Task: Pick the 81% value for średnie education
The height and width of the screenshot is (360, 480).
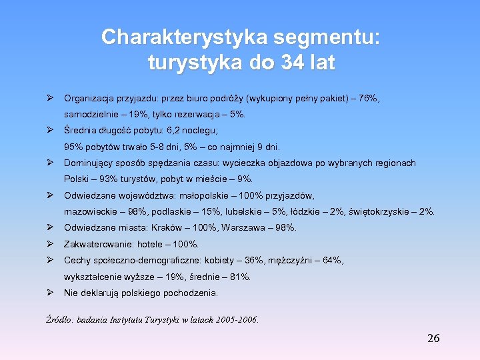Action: pyautogui.click(x=240, y=277)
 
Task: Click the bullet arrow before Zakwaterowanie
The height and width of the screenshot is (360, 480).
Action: pyautogui.click(x=50, y=244)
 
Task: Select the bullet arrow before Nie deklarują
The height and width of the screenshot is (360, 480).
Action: pyautogui.click(x=50, y=293)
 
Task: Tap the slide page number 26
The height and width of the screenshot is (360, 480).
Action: pyautogui.click(x=433, y=339)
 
